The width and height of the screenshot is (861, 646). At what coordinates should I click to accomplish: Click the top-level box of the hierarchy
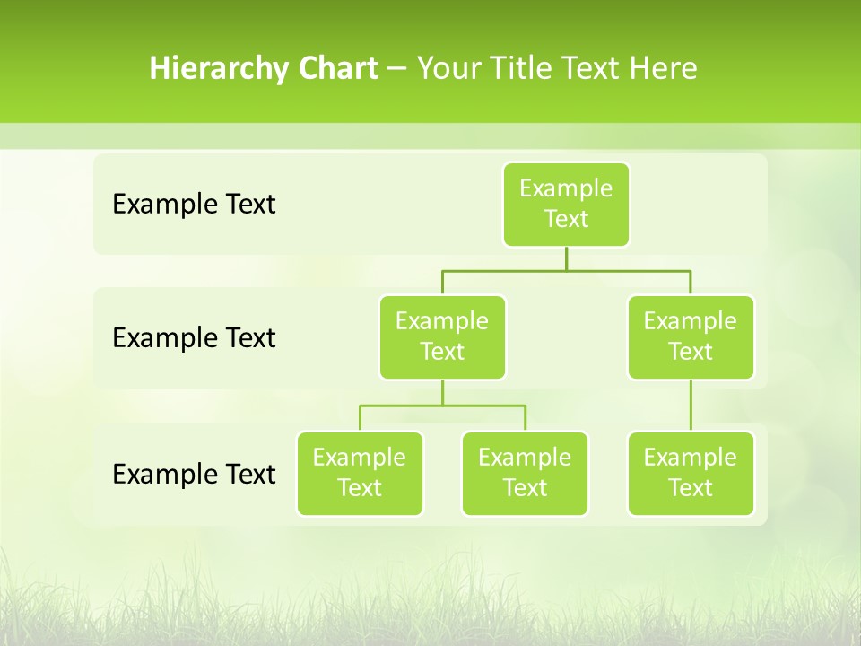pyautogui.click(x=566, y=205)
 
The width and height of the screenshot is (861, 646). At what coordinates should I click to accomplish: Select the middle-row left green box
pyautogui.click(x=442, y=337)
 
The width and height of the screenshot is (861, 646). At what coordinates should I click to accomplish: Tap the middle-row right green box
pyautogui.click(x=691, y=337)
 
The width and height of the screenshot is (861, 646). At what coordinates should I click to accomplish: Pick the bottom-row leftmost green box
pyautogui.click(x=360, y=474)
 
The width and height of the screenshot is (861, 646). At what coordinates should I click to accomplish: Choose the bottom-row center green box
pyautogui.click(x=525, y=474)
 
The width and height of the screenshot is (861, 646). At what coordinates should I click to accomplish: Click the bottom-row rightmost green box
pyautogui.click(x=691, y=474)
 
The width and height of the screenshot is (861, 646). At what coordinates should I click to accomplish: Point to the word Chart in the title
pyautogui.click(x=334, y=68)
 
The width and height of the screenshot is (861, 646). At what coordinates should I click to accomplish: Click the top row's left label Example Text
pyautogui.click(x=194, y=205)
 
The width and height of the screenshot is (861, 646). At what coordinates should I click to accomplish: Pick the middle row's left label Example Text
pyautogui.click(x=194, y=338)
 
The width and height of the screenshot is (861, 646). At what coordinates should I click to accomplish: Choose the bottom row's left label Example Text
pyautogui.click(x=194, y=475)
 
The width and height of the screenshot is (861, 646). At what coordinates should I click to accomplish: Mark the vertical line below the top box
pyautogui.click(x=566, y=258)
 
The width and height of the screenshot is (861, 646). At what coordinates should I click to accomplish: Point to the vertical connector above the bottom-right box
pyautogui.click(x=691, y=406)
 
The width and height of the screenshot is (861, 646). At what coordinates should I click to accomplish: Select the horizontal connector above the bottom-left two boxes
pyautogui.click(x=442, y=406)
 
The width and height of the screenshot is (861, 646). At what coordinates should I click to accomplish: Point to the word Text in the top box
pyautogui.click(x=566, y=220)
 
